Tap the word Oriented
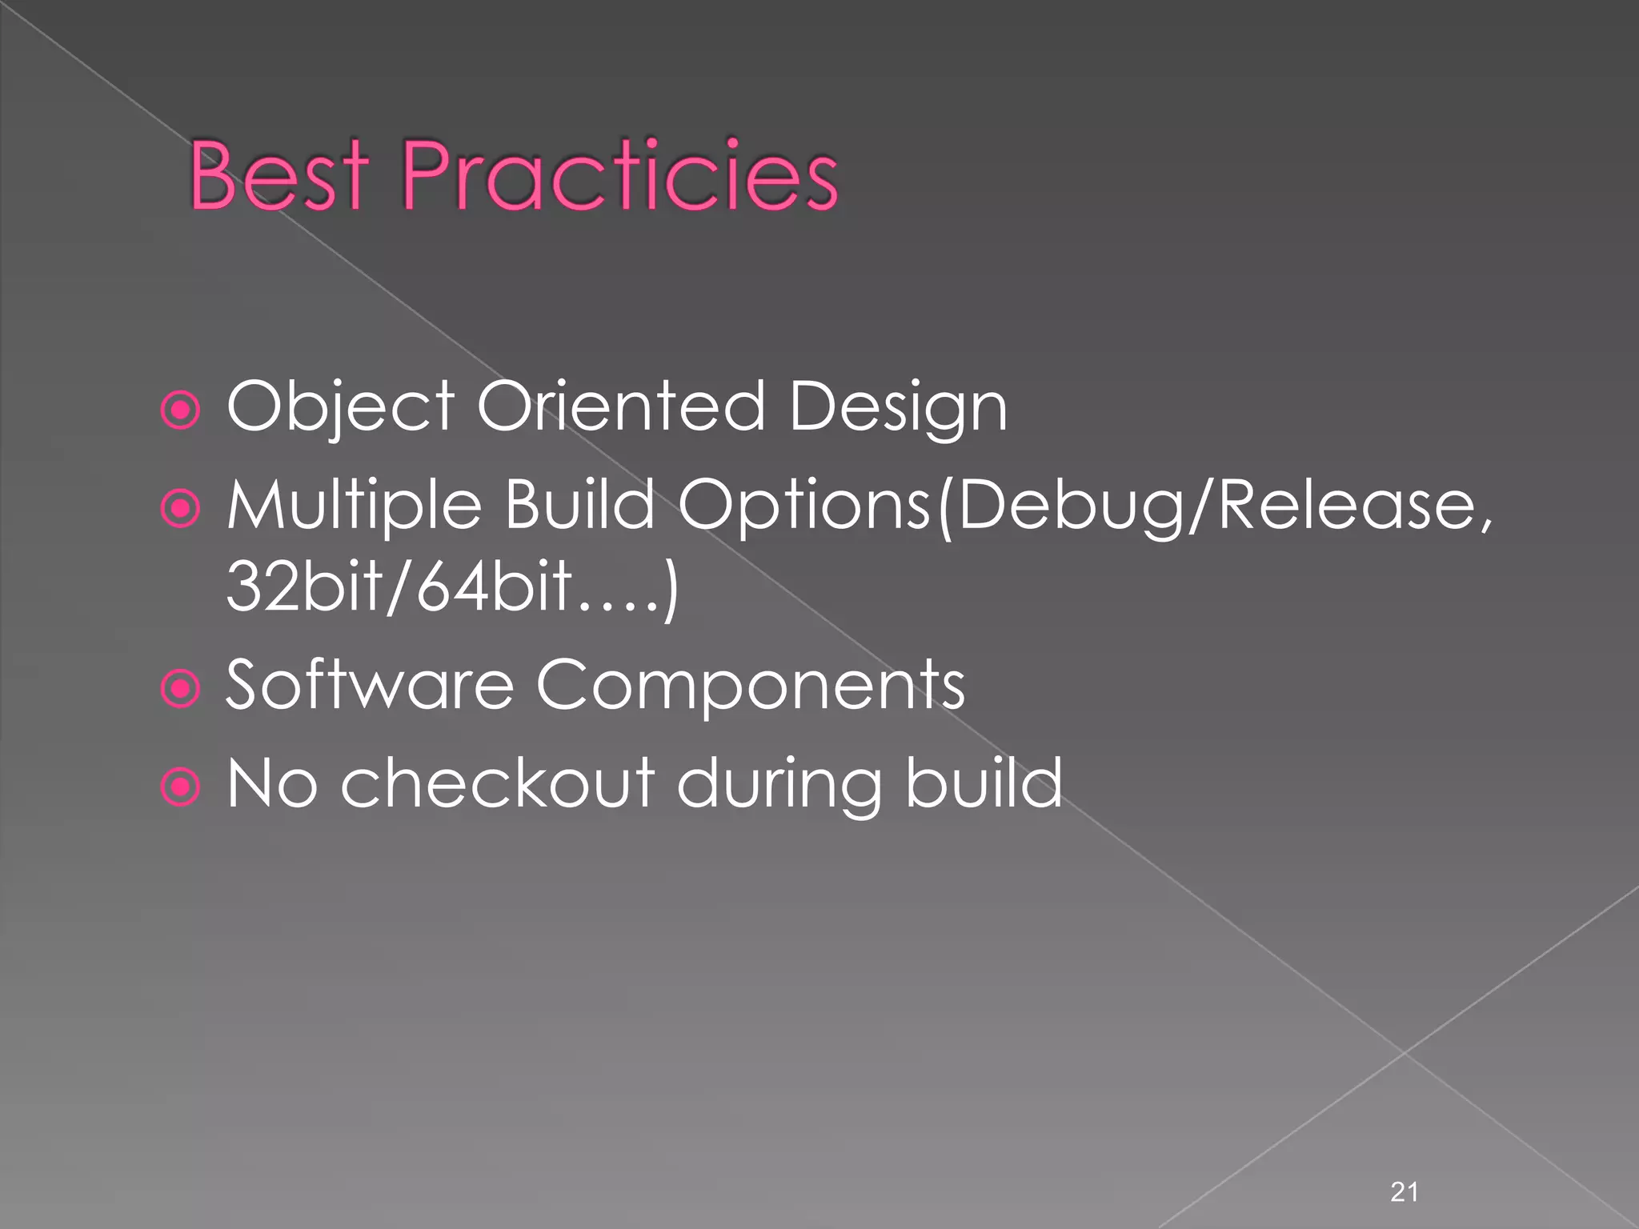621,406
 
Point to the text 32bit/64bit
400,586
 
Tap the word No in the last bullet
272,783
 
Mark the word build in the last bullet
984,783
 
